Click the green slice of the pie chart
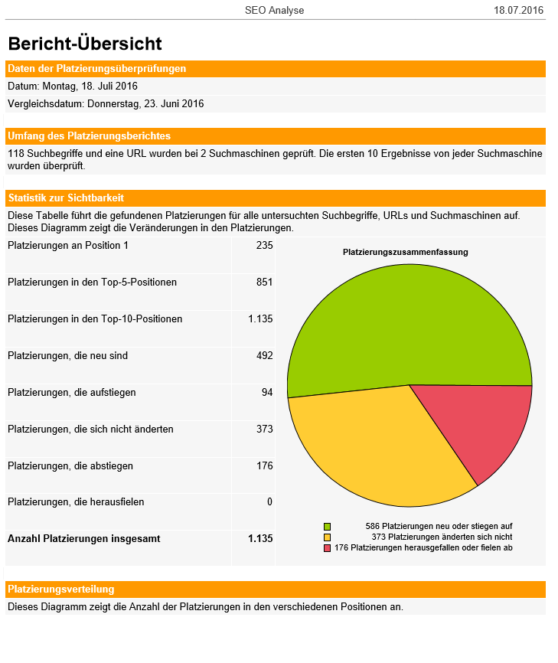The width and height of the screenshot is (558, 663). (x=398, y=322)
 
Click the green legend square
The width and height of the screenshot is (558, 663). (x=327, y=527)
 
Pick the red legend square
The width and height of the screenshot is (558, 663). (x=327, y=548)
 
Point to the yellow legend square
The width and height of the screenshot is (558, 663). (x=327, y=537)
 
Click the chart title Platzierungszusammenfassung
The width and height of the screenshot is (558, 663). (x=405, y=252)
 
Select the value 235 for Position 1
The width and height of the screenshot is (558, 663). (x=264, y=246)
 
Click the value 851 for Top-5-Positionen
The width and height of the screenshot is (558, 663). (x=264, y=283)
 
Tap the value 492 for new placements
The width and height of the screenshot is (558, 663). (x=264, y=356)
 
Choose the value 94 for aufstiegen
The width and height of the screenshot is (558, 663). (x=266, y=393)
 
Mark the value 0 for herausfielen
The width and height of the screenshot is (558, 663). (x=269, y=502)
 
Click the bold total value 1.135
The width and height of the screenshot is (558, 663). (x=260, y=539)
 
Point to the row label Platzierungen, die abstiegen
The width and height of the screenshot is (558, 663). (x=70, y=465)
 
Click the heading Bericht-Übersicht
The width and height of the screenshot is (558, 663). (x=85, y=44)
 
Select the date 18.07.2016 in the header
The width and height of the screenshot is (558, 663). (x=518, y=10)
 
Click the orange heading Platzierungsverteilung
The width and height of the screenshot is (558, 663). (x=60, y=590)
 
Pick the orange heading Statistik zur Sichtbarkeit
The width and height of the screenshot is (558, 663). (x=65, y=198)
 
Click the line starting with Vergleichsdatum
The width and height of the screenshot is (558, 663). (x=106, y=103)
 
